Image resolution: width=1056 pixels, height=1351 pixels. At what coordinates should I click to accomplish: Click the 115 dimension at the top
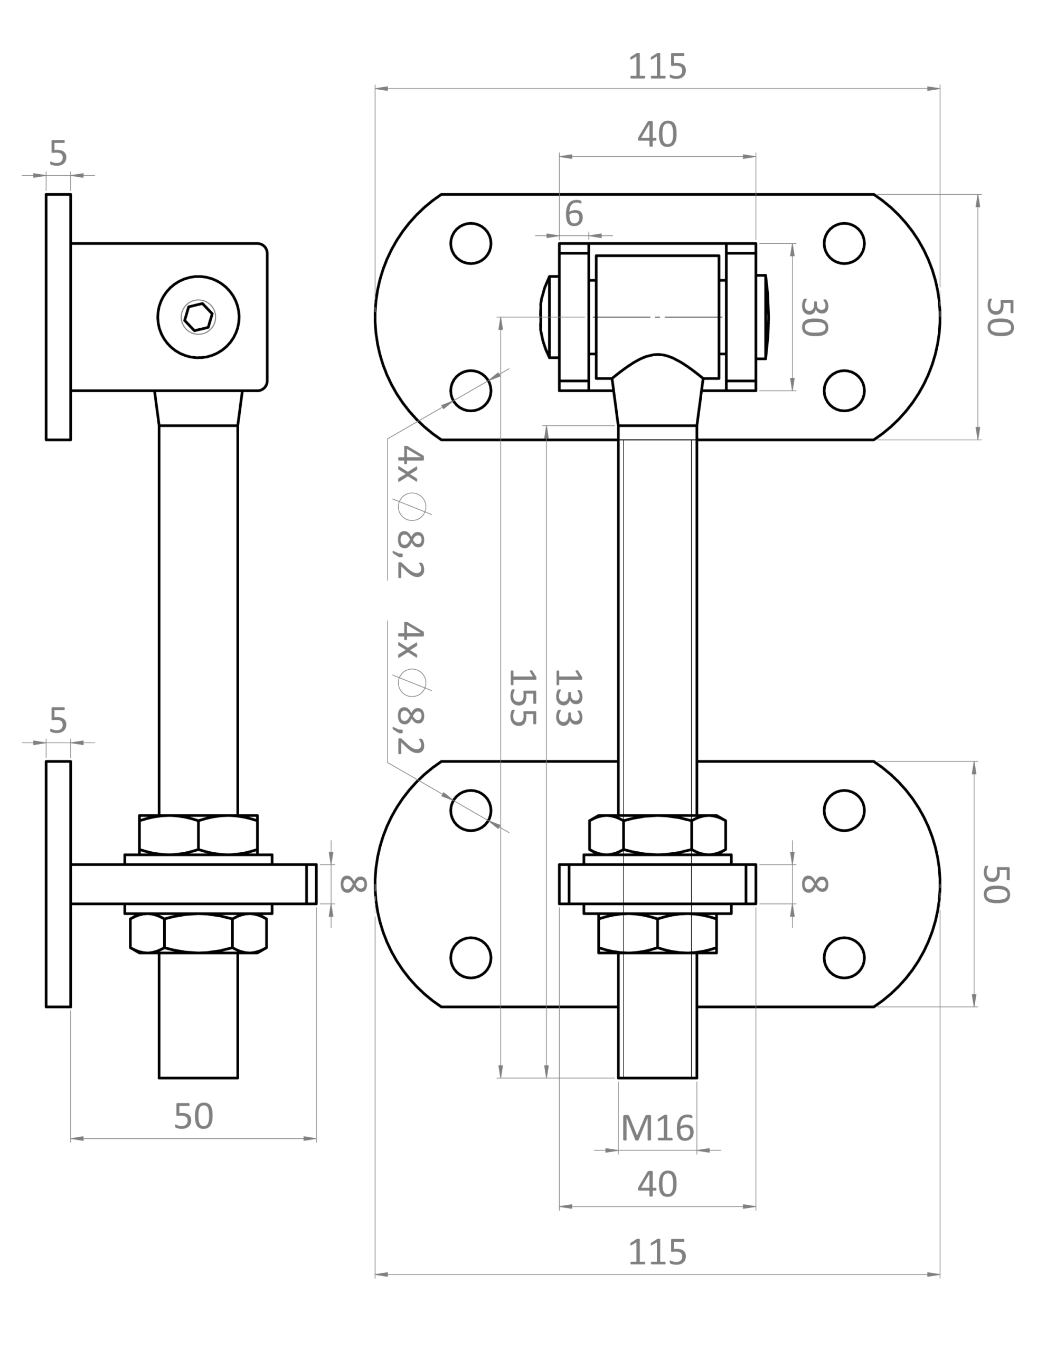point(657,67)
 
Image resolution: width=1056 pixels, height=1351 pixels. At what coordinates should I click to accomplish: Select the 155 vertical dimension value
point(521,696)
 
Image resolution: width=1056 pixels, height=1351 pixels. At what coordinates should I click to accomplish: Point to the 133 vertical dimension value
point(568,696)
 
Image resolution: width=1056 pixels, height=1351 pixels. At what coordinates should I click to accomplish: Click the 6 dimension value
point(574,214)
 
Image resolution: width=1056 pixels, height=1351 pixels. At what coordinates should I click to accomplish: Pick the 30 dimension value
point(814,317)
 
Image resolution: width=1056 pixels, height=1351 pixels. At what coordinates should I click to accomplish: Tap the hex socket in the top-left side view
point(199,317)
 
